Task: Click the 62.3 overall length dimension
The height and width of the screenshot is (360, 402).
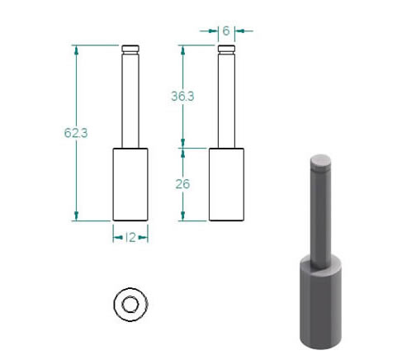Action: (x=76, y=133)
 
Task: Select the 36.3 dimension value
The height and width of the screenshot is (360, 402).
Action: (x=182, y=96)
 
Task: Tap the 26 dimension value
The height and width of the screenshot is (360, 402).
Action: (x=182, y=184)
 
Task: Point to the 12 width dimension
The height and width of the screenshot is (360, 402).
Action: (x=130, y=237)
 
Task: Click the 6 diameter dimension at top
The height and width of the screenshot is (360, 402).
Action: (x=226, y=31)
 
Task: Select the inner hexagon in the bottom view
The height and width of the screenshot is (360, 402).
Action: (x=130, y=305)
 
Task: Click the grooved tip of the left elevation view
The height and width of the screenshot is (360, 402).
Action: (x=130, y=50)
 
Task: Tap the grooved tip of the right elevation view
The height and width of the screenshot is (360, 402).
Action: (x=226, y=50)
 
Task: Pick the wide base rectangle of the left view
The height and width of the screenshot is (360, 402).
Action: (x=130, y=184)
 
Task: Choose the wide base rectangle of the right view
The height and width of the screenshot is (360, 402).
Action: (x=226, y=184)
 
